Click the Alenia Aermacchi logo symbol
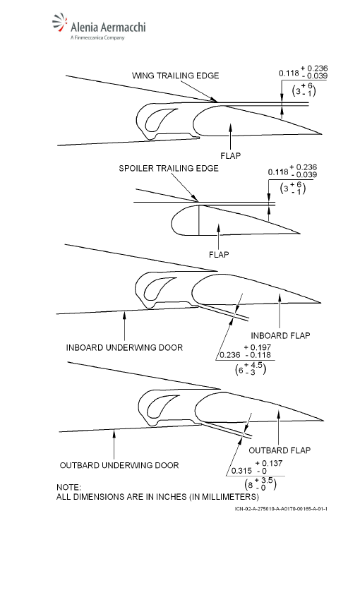click(60, 23)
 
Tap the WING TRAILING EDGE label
click(176, 76)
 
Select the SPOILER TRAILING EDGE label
click(169, 169)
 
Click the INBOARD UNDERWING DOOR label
click(124, 347)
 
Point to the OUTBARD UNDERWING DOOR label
click(119, 465)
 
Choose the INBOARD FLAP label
click(280, 335)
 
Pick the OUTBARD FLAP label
click(280, 450)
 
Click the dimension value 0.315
click(242, 471)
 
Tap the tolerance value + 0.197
click(258, 347)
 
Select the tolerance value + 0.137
click(269, 463)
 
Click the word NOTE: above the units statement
click(69, 488)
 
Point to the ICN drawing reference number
click(281, 508)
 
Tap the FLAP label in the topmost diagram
click(231, 156)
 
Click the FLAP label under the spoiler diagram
click(219, 254)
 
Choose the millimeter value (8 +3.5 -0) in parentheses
click(260, 484)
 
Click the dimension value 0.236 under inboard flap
click(230, 355)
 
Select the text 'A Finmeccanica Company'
click(97, 37)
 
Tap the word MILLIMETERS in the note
click(229, 497)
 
